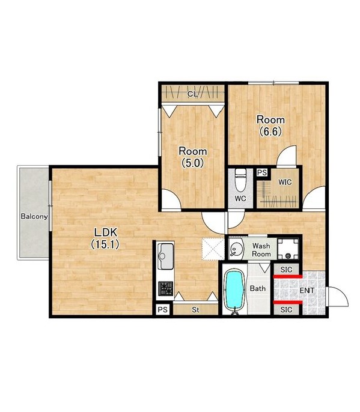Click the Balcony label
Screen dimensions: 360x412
tap(34, 216)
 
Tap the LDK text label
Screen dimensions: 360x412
tap(105, 232)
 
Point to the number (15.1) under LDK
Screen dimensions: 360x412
tap(105, 244)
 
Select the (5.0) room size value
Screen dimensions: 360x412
tap(193, 163)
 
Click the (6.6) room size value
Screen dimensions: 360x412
tap(270, 132)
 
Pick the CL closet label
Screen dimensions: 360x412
tap(193, 94)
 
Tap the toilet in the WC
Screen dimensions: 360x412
tap(240, 180)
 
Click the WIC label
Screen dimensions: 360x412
tap(285, 182)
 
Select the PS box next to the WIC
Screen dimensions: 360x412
tap(262, 173)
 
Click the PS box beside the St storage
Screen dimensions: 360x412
tap(162, 310)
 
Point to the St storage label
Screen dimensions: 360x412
tap(195, 310)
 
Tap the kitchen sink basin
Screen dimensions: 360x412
tap(166, 256)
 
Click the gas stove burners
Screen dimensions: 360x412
tap(166, 288)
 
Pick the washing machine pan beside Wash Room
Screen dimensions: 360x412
tap(288, 249)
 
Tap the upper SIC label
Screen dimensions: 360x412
tap(286, 270)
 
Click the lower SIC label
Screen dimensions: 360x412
tap(286, 310)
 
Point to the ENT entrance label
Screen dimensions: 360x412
tap(307, 290)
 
